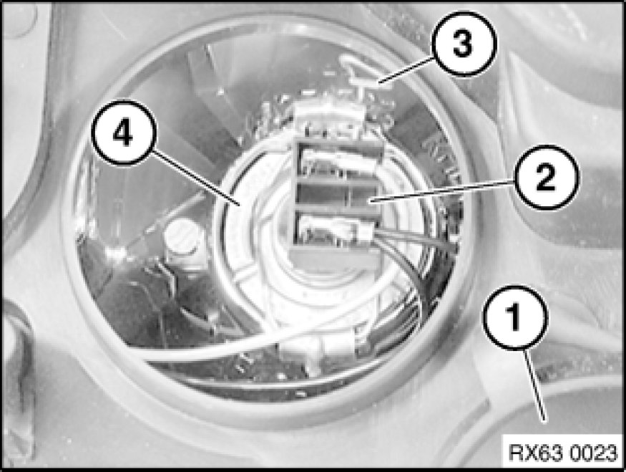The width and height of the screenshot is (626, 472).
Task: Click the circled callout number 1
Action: pyautogui.click(x=515, y=317)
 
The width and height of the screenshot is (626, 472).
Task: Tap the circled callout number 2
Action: pyautogui.click(x=546, y=177)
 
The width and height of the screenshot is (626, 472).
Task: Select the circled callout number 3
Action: pyautogui.click(x=463, y=43)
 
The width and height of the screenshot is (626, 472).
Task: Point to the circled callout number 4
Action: pyautogui.click(x=123, y=133)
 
